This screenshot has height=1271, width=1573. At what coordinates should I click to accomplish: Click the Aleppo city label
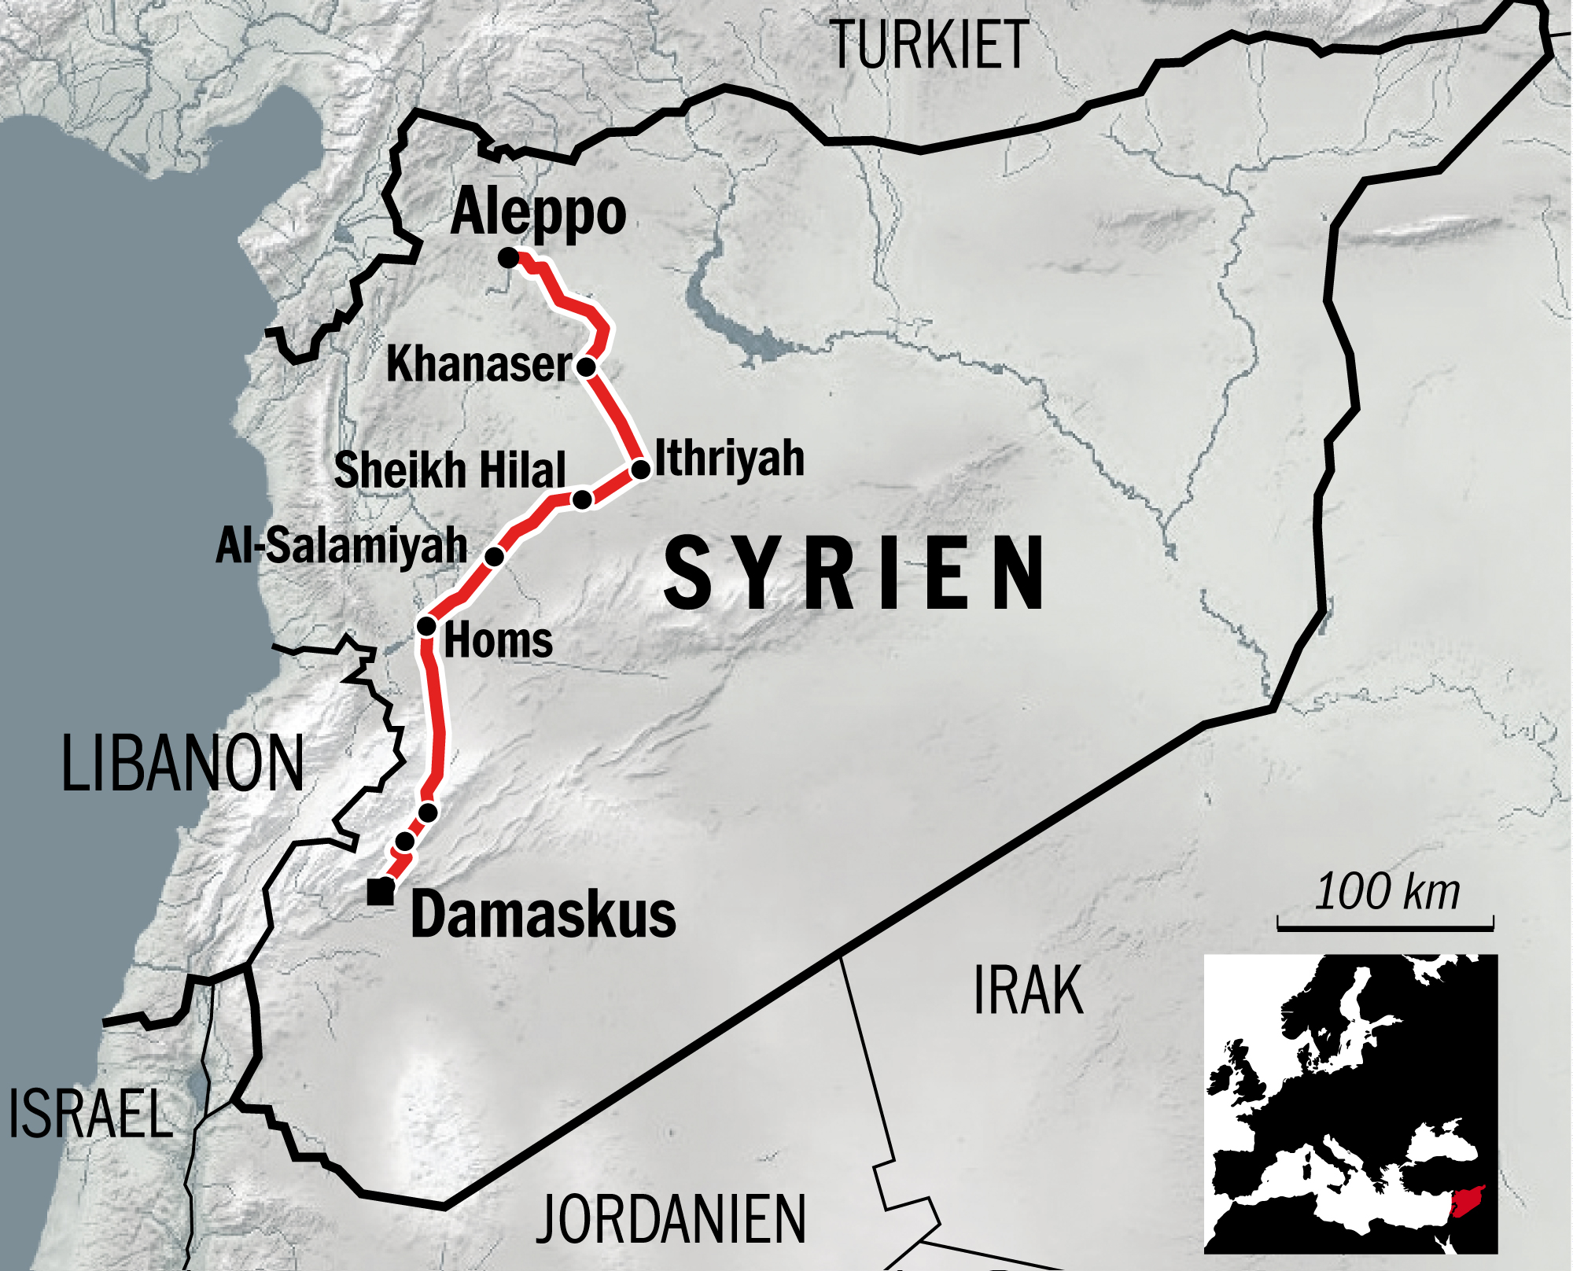538,212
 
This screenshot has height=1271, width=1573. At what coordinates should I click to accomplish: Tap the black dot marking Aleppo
509,257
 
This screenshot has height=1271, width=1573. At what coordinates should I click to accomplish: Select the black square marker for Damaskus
381,892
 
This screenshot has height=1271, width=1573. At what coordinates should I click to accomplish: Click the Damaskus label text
543,915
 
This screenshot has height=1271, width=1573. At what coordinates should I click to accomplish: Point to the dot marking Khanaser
586,367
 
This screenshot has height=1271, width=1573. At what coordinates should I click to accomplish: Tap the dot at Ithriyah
641,470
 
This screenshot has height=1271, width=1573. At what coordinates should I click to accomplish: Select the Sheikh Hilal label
450,470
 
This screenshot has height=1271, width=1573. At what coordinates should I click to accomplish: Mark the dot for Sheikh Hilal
582,499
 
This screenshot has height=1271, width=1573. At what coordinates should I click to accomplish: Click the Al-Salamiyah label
341,545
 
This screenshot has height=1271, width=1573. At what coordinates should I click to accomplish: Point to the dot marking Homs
426,626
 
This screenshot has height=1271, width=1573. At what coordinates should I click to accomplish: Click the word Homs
499,640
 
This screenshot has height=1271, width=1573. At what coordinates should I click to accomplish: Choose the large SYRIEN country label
855,573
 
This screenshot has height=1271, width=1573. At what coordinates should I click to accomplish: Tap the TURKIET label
929,46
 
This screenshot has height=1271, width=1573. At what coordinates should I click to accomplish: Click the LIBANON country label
182,763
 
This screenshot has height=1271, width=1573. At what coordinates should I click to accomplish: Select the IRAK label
1028,991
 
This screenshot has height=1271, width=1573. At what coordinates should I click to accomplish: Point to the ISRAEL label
90,1114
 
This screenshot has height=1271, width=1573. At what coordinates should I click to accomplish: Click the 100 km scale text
1387,892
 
